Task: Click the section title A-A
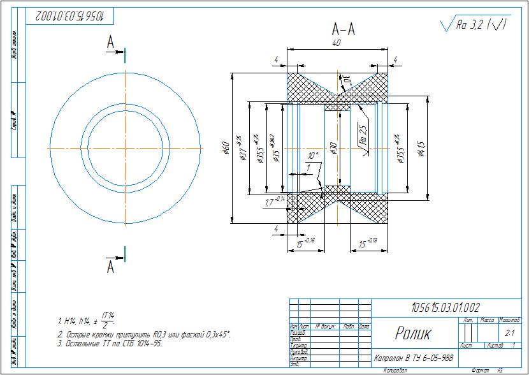pos(344,29)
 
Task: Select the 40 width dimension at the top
pos(336,43)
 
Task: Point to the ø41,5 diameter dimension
pos(420,148)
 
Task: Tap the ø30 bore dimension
pos(333,148)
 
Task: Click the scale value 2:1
pos(509,333)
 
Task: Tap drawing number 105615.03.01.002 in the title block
pos(446,307)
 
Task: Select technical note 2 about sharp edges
pos(143,334)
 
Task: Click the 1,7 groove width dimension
pos(273,202)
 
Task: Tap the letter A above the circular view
pos(110,43)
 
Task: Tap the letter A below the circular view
pos(110,267)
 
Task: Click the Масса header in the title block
pos(488,320)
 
